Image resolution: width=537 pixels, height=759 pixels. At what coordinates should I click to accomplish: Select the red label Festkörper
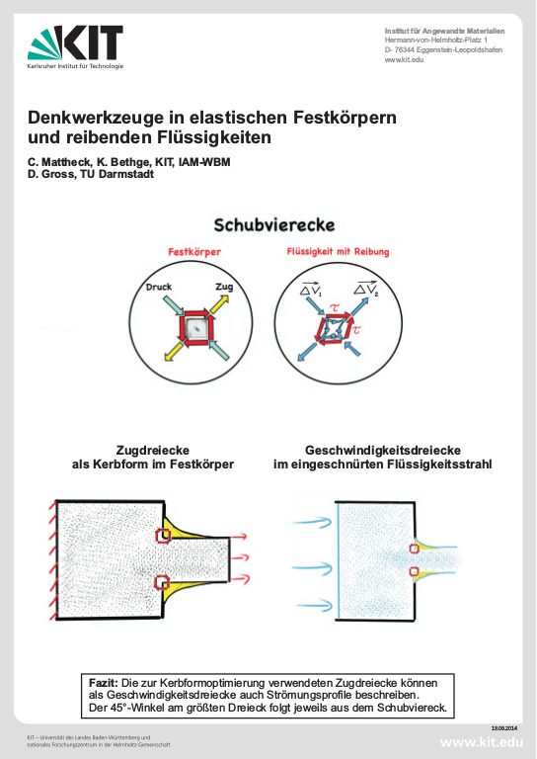[x=193, y=252]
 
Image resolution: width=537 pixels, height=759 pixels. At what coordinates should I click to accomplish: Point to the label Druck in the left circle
[x=159, y=288]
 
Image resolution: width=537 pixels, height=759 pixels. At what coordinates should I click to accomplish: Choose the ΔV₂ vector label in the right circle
[x=364, y=288]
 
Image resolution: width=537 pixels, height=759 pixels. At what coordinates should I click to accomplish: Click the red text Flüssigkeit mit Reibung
[x=337, y=252]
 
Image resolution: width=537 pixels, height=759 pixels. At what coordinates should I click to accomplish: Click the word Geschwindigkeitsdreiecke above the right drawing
[x=382, y=448]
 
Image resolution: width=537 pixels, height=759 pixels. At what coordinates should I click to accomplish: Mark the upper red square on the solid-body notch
[x=164, y=536]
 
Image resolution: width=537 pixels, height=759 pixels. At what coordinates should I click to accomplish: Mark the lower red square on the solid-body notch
[x=164, y=583]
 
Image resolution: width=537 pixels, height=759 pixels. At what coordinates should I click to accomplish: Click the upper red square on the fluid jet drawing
[x=415, y=542]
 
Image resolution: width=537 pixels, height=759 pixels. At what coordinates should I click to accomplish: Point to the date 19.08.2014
[x=503, y=728]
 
